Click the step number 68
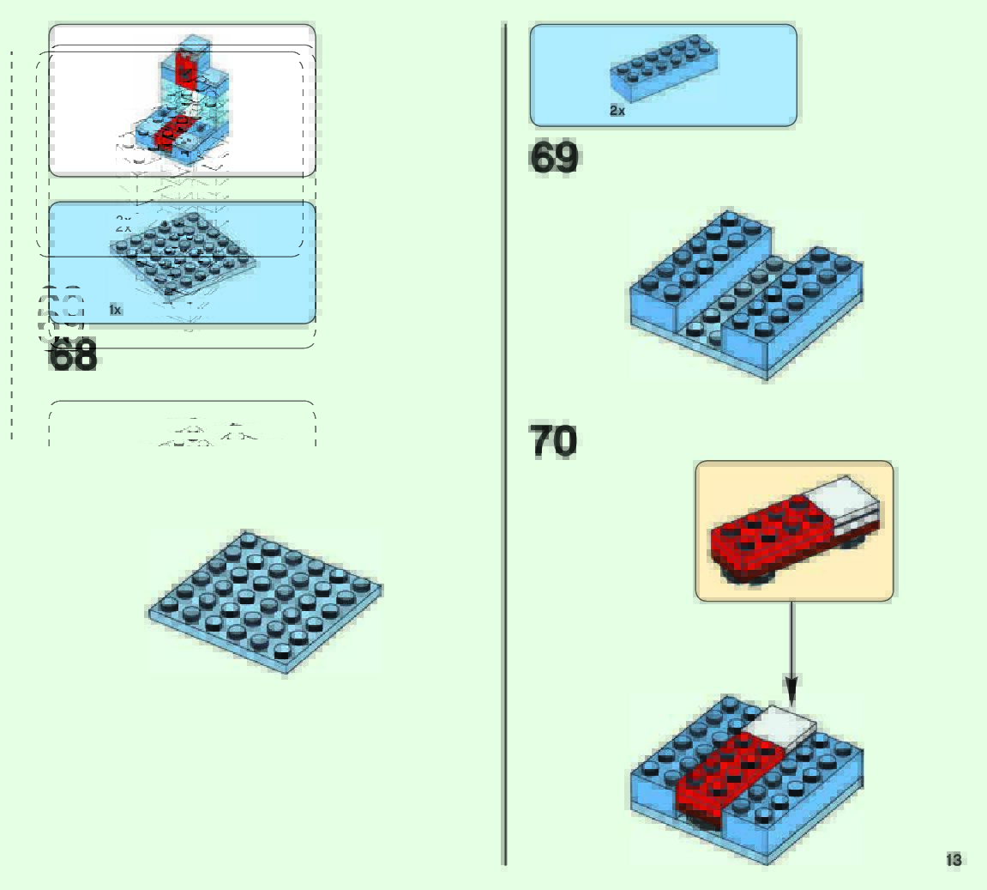[73, 354]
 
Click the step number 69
[554, 158]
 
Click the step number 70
[553, 441]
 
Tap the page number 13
[954, 860]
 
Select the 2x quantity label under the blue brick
[617, 111]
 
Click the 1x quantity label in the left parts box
[116, 310]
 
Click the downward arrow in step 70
[791, 652]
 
